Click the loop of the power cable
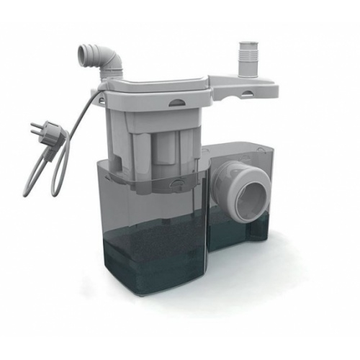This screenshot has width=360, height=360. click(x=43, y=173)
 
